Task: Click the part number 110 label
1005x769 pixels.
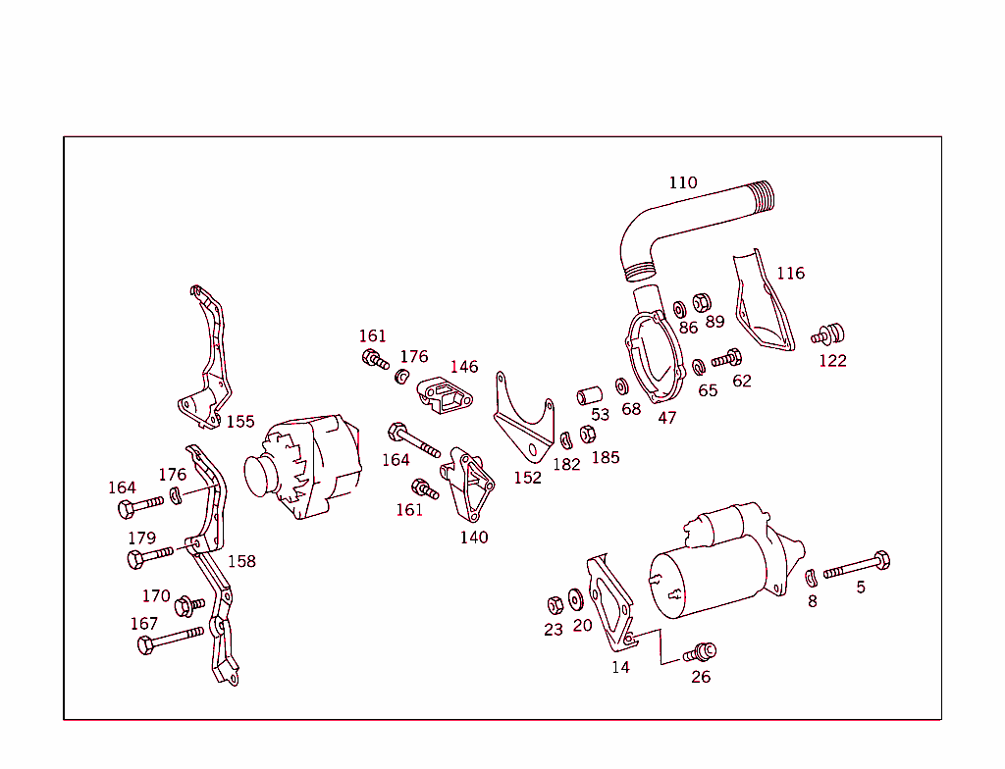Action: point(683,182)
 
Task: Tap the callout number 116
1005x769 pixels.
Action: point(790,273)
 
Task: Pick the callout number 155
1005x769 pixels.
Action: point(240,421)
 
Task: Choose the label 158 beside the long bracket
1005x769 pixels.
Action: point(241,561)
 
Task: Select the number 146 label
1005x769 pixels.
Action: point(464,367)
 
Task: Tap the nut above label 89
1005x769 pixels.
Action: point(703,302)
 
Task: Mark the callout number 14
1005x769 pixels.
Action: point(620,667)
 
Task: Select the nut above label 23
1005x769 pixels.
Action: point(554,604)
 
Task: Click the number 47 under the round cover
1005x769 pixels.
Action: point(667,417)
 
